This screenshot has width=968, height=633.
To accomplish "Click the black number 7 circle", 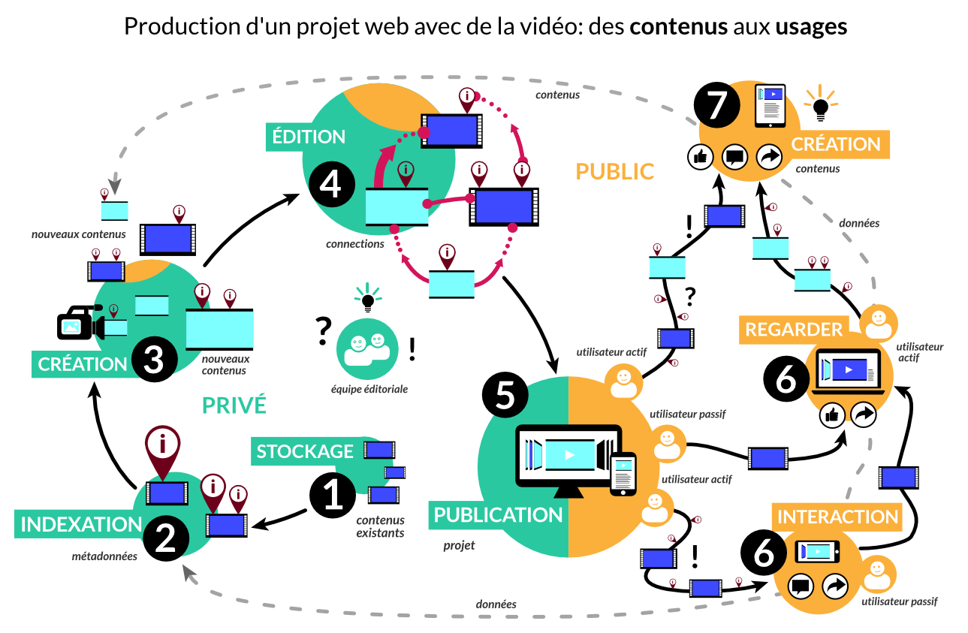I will click(717, 105).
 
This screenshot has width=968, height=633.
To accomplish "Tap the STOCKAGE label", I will click(305, 451).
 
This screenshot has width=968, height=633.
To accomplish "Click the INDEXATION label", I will click(81, 524).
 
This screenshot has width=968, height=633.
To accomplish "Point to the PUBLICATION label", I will click(498, 514).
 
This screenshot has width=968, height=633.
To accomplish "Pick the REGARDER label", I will click(794, 329).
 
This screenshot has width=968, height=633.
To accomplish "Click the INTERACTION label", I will click(837, 517).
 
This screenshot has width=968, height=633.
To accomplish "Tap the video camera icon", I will click(80, 324).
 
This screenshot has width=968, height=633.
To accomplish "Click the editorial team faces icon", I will click(367, 345).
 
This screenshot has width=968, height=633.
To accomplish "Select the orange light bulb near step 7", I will click(821, 105).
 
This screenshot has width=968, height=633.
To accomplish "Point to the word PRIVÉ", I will click(234, 405).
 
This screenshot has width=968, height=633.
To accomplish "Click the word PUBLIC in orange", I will click(614, 171).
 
